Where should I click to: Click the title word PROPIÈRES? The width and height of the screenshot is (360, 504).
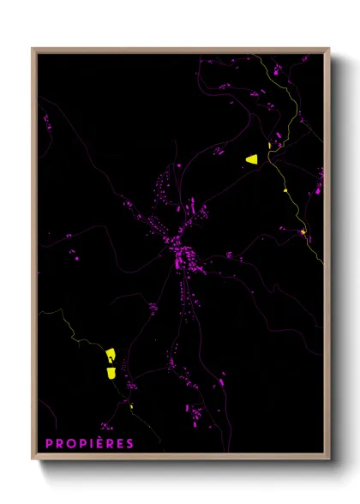(x=90, y=443)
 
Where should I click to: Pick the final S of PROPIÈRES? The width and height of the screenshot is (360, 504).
(x=129, y=443)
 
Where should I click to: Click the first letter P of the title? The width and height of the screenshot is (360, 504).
(x=49, y=443)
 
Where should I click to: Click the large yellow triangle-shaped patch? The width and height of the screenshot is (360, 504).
(x=252, y=159)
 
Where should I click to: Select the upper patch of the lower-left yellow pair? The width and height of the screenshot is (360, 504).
(x=111, y=356)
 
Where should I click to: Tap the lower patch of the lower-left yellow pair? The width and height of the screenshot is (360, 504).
(x=111, y=372)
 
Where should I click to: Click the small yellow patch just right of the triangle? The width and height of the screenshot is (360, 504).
(x=270, y=146)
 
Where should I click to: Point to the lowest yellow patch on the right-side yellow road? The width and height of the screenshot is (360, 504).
(x=303, y=232)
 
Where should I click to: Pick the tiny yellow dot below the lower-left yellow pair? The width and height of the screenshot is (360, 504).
(x=131, y=407)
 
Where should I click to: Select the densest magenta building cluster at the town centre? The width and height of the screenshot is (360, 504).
(x=183, y=255)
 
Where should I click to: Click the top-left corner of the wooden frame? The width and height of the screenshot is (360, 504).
(x=33, y=50)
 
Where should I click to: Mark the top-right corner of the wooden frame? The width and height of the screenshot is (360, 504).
(x=328, y=50)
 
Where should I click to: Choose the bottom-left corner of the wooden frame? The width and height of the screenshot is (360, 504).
(x=33, y=459)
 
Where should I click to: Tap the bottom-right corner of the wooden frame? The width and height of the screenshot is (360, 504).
(x=328, y=459)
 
